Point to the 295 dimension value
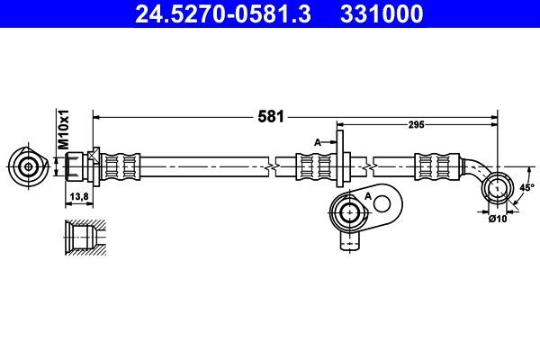click(416, 127)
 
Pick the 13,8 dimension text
click(78, 195)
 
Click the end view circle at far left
click(29, 166)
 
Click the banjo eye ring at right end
click(496, 188)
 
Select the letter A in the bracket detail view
click(368, 195)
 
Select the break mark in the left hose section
click(269, 166)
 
